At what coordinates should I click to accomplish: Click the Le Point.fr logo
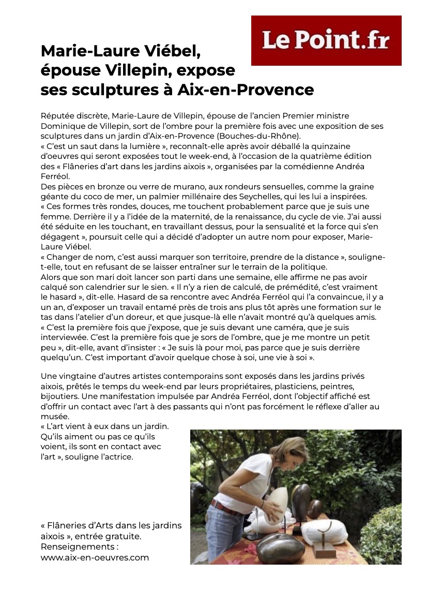(x=326, y=40)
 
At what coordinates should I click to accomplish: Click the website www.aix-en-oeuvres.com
(x=95, y=557)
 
